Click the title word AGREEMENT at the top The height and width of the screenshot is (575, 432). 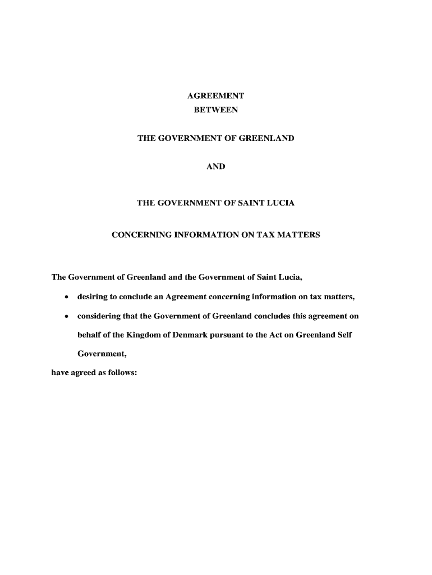click(x=215, y=96)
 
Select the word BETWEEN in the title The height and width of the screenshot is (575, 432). click(x=215, y=110)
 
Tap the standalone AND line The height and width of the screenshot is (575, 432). click(x=215, y=166)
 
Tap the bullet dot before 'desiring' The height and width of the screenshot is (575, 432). click(x=67, y=297)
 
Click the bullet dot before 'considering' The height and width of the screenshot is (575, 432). click(x=67, y=317)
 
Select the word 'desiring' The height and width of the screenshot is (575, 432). click(x=93, y=297)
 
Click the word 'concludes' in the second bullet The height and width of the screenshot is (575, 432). click(x=272, y=317)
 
